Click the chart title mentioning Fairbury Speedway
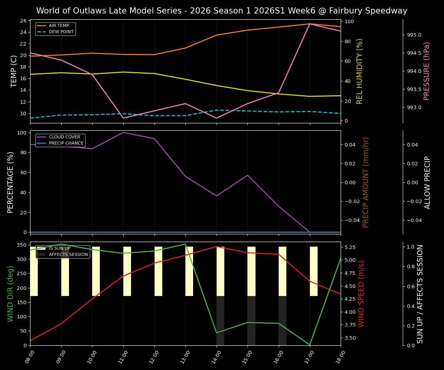coord(222,11)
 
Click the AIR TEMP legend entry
coord(59,26)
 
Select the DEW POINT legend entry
coord(61,32)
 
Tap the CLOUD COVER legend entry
coord(64,137)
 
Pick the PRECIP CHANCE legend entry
coord(66,143)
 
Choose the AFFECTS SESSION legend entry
coord(68,255)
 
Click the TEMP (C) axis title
coord(14,71)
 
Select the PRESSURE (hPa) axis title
coord(427,71)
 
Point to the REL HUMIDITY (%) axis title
coord(360,71)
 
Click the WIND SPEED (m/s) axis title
coord(361,294)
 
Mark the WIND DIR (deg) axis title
coord(11,294)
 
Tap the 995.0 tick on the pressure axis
coord(414,35)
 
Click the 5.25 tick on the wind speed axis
coord(351,247)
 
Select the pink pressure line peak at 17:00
coord(309,24)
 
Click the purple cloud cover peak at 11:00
coord(123,133)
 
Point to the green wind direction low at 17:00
coord(309,345)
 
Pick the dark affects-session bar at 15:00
coord(251,321)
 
